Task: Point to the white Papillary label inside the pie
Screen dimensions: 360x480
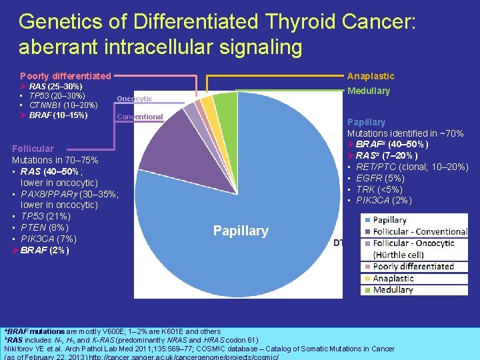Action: (x=240, y=231)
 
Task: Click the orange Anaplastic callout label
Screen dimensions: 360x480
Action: (x=371, y=76)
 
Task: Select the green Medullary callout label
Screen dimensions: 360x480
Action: (x=368, y=91)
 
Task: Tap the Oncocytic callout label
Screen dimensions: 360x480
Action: (x=134, y=99)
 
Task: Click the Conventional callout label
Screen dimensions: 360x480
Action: (x=139, y=117)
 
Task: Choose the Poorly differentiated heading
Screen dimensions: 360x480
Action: (x=65, y=76)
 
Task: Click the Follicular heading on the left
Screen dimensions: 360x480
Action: (x=33, y=149)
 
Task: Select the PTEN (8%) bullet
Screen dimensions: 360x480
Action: (x=44, y=227)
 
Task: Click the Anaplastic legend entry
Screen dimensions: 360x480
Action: (x=393, y=278)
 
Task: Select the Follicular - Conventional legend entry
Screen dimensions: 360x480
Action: (x=420, y=231)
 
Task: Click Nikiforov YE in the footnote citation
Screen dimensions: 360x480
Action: (x=30, y=349)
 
